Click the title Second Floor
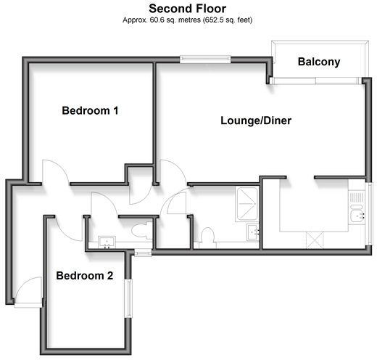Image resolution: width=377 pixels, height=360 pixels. (x=187, y=9)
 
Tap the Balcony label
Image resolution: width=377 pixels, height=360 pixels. (x=319, y=62)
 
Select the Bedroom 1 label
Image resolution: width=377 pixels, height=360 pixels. (x=90, y=111)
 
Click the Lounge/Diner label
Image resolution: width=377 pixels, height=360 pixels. (x=256, y=120)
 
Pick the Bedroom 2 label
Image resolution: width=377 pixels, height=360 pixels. (x=85, y=276)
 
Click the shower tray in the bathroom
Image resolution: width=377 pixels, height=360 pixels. (x=247, y=204)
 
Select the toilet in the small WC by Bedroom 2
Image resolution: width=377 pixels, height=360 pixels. (x=141, y=231)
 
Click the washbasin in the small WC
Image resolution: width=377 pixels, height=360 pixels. (x=107, y=242)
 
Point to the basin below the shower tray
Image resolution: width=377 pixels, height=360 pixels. (x=253, y=232)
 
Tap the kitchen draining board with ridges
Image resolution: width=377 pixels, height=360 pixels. (x=357, y=197)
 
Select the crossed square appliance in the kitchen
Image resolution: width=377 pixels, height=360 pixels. (x=315, y=240)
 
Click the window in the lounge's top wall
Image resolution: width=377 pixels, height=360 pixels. (x=205, y=60)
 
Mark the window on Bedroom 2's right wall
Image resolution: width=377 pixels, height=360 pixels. (x=128, y=298)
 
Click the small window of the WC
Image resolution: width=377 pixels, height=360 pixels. (x=143, y=253)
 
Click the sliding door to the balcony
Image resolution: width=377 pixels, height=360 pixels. (x=316, y=81)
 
